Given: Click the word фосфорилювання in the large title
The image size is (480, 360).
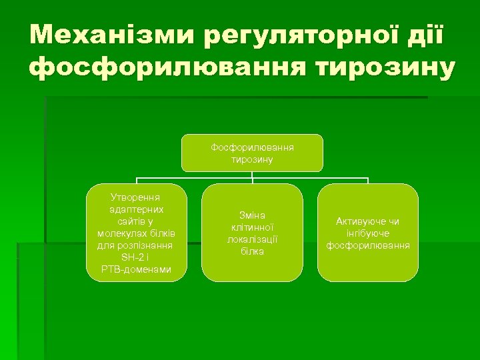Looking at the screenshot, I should point(157,68).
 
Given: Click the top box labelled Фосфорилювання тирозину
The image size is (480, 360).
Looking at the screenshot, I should point(252,153).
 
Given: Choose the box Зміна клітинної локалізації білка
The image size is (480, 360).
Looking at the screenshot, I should point(252,233).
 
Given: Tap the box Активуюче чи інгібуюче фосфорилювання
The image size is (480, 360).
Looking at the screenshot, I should point(368,233).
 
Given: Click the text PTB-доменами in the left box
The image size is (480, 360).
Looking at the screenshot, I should point(136,269).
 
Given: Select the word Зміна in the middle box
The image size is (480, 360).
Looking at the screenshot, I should point(252,215).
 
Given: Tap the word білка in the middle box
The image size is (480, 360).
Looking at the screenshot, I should point(252,251).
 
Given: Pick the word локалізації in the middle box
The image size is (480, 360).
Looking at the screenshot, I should point(252,239).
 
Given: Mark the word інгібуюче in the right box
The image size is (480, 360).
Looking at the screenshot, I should point(368,233).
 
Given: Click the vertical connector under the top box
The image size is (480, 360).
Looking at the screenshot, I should point(252,177).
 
